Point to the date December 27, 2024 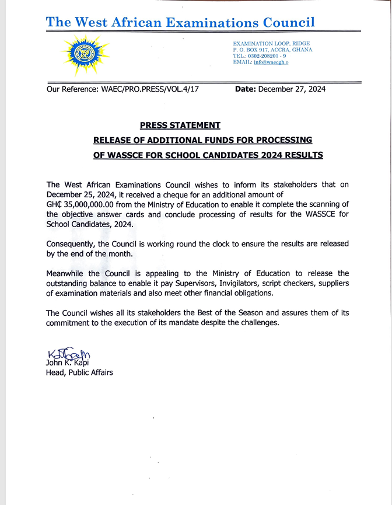pyautogui.click(x=292, y=89)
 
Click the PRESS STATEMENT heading pyautogui.click(x=180, y=125)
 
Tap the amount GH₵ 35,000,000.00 pyautogui.click(x=86, y=204)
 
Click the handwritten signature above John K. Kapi pyautogui.click(x=68, y=354)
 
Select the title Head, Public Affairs pyautogui.click(x=79, y=372)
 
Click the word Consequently pyautogui.click(x=73, y=243)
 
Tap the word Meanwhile pyautogui.click(x=66, y=273)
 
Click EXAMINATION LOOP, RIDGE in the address pyautogui.click(x=271, y=44)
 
